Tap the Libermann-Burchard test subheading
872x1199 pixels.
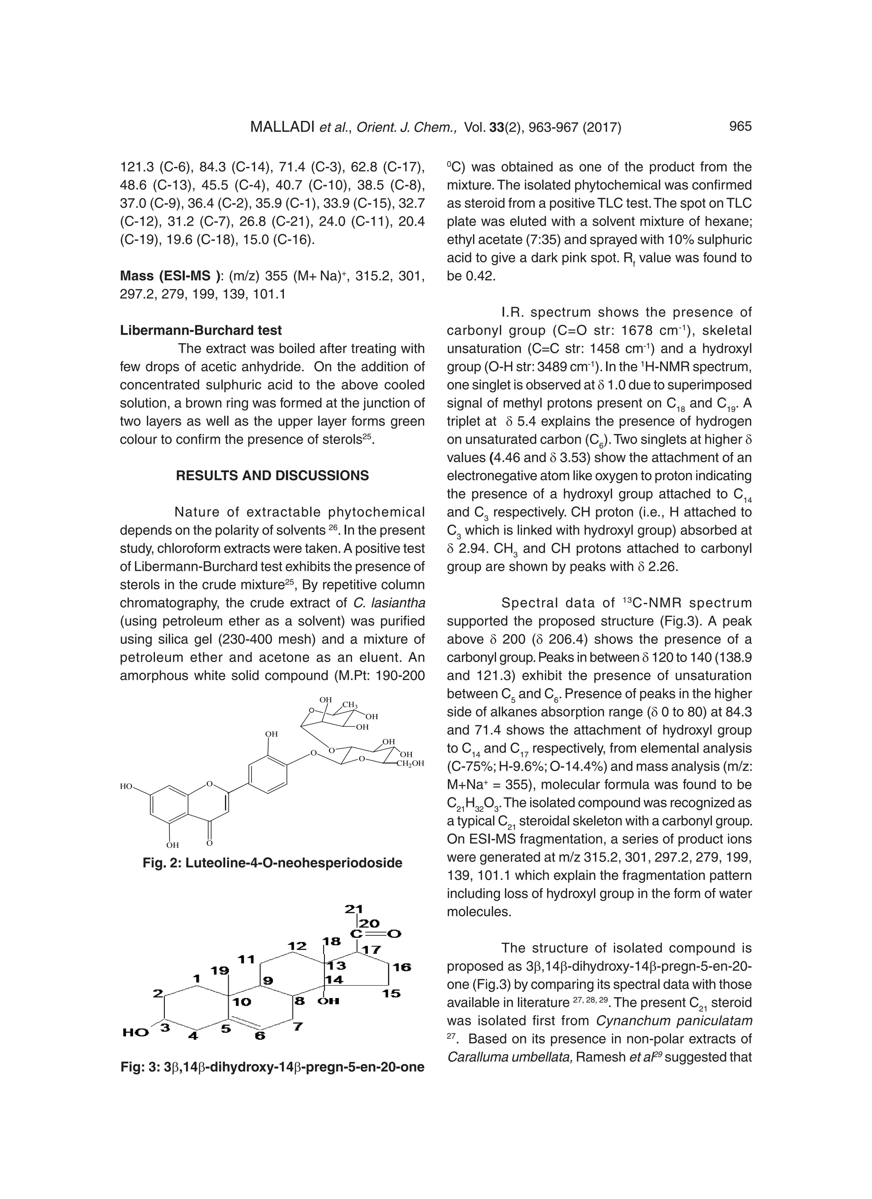[x=201, y=330]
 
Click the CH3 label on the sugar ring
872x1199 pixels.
[x=350, y=705]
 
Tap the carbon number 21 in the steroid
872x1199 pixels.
[x=353, y=909]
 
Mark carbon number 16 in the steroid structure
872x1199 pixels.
[x=402, y=967]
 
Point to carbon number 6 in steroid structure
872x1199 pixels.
[x=260, y=1036]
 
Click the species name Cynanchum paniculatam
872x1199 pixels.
[x=673, y=1021]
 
